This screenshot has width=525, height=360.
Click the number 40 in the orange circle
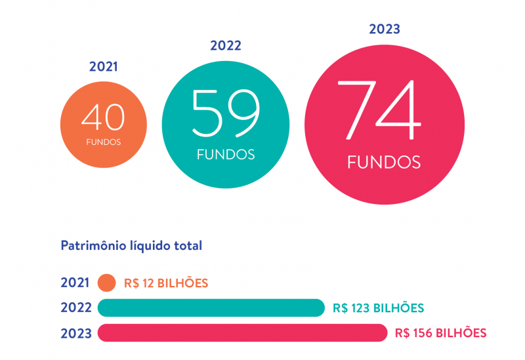103,118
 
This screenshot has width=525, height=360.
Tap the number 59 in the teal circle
225,111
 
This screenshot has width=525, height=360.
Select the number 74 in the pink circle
384,110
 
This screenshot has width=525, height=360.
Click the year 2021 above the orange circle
103,66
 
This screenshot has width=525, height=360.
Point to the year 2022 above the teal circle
226,45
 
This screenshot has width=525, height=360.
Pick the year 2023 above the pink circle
385,29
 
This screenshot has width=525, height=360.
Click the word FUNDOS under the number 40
103,142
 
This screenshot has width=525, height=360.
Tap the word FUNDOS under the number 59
225,155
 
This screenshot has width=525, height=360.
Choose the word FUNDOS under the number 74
384,162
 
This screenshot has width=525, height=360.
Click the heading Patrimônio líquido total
131,246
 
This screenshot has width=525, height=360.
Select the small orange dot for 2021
106,283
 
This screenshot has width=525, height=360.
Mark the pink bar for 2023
243,332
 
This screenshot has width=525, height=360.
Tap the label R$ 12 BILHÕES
166,283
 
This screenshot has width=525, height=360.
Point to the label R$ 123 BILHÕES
378,308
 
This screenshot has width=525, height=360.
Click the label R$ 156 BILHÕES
441,332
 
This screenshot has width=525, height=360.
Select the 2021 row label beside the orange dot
75,283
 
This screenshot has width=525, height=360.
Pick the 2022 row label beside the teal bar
75,308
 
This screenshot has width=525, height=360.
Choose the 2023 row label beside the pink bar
75,332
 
